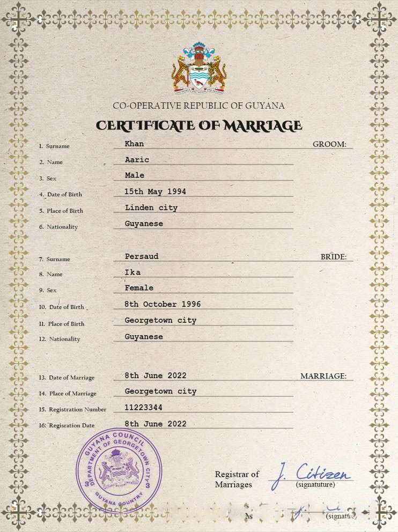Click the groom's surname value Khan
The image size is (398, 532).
pyautogui.click(x=134, y=144)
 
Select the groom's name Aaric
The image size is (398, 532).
pyautogui.click(x=137, y=160)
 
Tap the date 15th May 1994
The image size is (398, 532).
pyautogui.click(x=156, y=191)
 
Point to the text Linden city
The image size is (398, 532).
pyautogui.click(x=151, y=208)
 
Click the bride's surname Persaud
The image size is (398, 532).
pyautogui.click(x=142, y=256)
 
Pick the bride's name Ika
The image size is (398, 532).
pyautogui.click(x=132, y=272)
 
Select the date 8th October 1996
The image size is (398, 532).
pyautogui.click(x=163, y=304)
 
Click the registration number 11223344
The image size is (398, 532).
pyautogui.click(x=143, y=408)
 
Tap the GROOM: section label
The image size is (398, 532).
pyautogui.click(x=329, y=144)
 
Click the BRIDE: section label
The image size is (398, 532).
pyautogui.click(x=334, y=257)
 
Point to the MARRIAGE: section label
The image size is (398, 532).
pyautogui.click(x=323, y=376)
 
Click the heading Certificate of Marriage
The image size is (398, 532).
pyautogui.click(x=199, y=125)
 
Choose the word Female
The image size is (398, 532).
pyautogui.click(x=139, y=288)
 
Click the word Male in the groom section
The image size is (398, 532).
pyautogui.click(x=135, y=175)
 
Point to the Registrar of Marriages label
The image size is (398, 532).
pyautogui.click(x=237, y=479)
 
